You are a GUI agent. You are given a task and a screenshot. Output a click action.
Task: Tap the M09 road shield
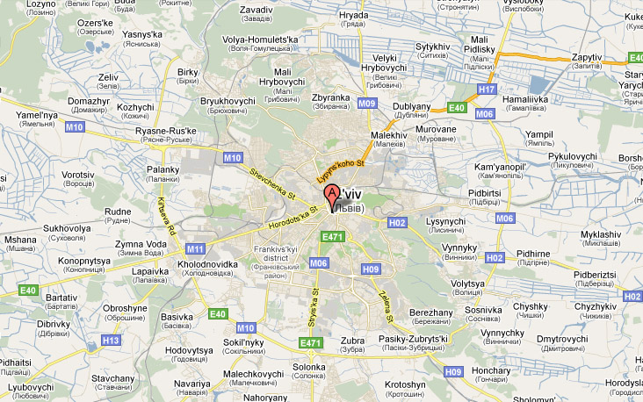pyautogui.click(x=367, y=103)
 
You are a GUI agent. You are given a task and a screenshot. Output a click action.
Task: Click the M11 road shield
pyautogui.click(x=195, y=248)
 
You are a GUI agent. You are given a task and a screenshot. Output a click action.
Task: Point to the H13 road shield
pyautogui.click(x=112, y=340)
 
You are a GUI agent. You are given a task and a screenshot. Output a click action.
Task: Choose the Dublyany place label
pyautogui.click(x=411, y=106)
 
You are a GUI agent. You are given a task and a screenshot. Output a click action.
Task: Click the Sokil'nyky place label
pyautogui.click(x=245, y=342)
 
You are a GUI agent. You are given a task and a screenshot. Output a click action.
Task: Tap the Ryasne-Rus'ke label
pyautogui.click(x=166, y=132)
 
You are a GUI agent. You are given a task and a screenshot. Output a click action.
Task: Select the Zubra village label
pyautogui.click(x=351, y=341)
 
